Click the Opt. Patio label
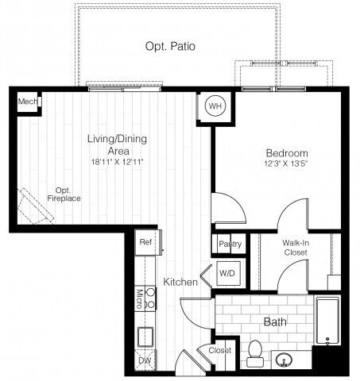(170, 47)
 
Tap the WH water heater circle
(215, 106)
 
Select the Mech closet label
(29, 102)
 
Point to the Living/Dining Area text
(117, 144)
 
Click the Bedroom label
(286, 153)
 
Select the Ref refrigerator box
(146, 242)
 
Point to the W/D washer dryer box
(226, 273)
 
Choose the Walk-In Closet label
(294, 248)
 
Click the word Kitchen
(180, 283)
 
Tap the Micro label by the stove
(139, 299)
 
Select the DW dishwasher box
(145, 360)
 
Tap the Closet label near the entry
(220, 350)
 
